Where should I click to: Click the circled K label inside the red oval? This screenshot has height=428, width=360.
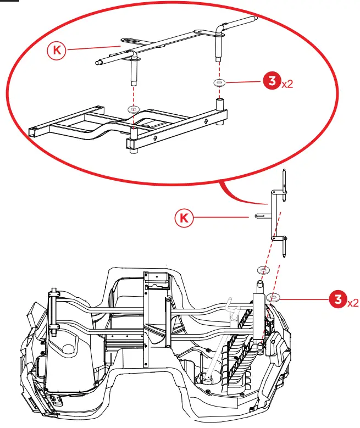point(56,51)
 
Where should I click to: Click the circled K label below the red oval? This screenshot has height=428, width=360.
point(185,218)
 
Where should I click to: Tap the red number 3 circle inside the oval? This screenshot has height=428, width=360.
point(271,82)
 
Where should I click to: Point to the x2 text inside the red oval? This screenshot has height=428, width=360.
point(287,85)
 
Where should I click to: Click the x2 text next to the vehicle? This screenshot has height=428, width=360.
point(353,302)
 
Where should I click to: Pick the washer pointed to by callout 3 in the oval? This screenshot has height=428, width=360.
point(219,83)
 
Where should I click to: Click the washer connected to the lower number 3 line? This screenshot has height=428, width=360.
point(273,298)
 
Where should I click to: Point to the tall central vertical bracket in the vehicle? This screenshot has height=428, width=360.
point(146,319)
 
